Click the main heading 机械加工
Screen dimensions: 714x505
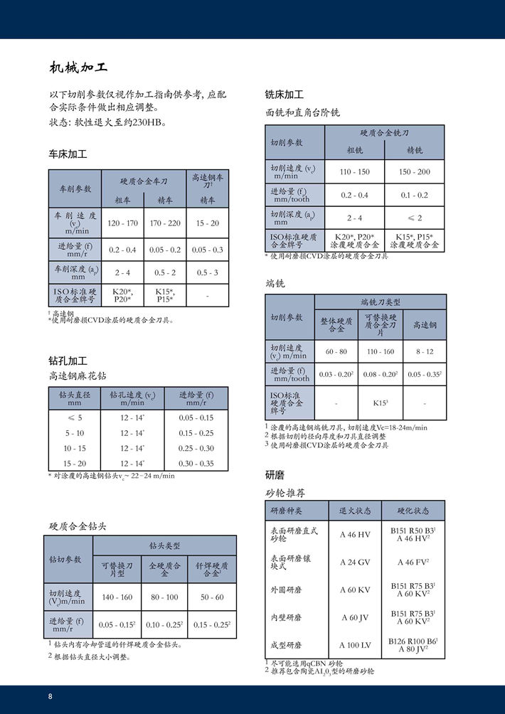tap(79, 68)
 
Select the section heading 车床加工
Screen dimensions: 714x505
tap(68, 154)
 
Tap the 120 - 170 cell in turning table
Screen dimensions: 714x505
tap(122, 223)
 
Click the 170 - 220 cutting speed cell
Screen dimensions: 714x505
tap(165, 223)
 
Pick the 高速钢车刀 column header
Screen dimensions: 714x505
tap(208, 181)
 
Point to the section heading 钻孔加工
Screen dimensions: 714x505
tap(68, 361)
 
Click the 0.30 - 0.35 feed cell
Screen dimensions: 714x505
tap(196, 463)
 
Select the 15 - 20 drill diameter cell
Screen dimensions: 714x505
tap(75, 463)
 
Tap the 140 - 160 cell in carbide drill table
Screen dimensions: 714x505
tap(117, 597)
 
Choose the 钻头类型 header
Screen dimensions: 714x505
tap(164, 545)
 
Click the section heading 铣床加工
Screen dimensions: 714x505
tap(284, 95)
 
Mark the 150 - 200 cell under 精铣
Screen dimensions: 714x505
tap(415, 172)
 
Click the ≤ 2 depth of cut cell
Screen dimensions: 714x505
tap(415, 218)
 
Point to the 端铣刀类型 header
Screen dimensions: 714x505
tap(381, 302)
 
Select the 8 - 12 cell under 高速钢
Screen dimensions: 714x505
tap(425, 351)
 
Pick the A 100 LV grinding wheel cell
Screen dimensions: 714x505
tap(356, 645)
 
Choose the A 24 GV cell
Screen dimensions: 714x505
tap(356, 562)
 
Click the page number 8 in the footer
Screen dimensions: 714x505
tap(51, 696)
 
